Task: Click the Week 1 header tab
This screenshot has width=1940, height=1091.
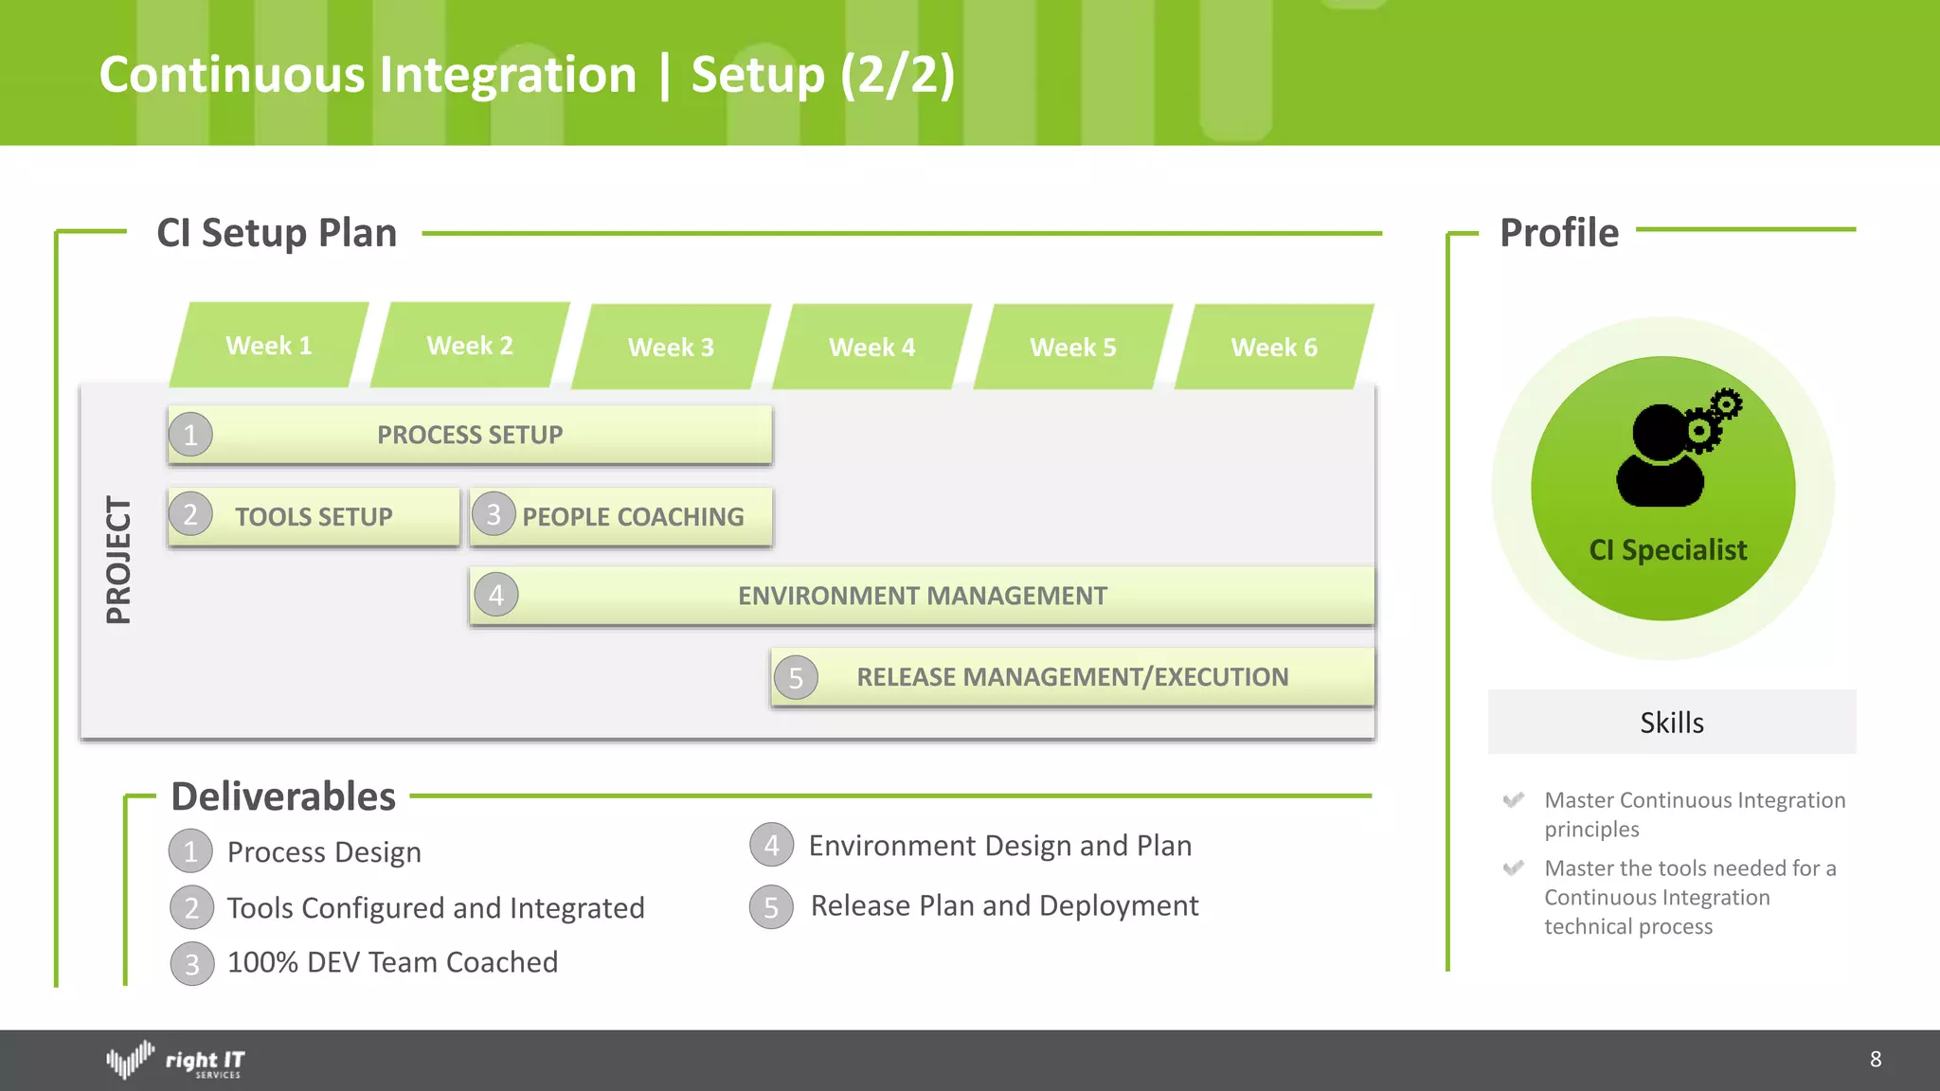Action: pos(269,346)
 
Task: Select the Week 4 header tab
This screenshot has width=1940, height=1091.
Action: pos(872,348)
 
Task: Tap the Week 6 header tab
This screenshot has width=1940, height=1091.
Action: pos(1274,348)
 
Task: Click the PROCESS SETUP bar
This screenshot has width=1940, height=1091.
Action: pos(471,435)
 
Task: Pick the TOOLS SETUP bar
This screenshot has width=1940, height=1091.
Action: pos(314,517)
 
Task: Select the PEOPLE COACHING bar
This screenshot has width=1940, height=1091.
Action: pos(633,517)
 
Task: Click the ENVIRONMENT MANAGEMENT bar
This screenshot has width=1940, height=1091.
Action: pos(922,596)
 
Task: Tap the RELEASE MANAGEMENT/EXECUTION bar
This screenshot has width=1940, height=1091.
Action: pos(1072,677)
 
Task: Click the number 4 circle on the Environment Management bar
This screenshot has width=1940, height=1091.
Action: pos(496,596)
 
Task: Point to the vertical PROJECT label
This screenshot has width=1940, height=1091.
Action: pos(118,560)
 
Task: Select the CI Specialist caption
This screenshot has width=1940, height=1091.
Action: pos(1667,550)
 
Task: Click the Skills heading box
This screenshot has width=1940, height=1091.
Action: pos(1671,723)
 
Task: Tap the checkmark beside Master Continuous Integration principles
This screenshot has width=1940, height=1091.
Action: pos(1513,800)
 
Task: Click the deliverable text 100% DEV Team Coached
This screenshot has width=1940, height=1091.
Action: pos(392,962)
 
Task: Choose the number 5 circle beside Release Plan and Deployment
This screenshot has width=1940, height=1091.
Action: pos(771,907)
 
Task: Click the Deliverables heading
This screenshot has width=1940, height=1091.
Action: pos(283,796)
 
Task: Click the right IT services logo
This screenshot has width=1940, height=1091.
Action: pos(176,1060)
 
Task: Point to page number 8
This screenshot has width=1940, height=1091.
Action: pos(1875,1060)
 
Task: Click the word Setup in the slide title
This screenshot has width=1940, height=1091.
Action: pos(758,75)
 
